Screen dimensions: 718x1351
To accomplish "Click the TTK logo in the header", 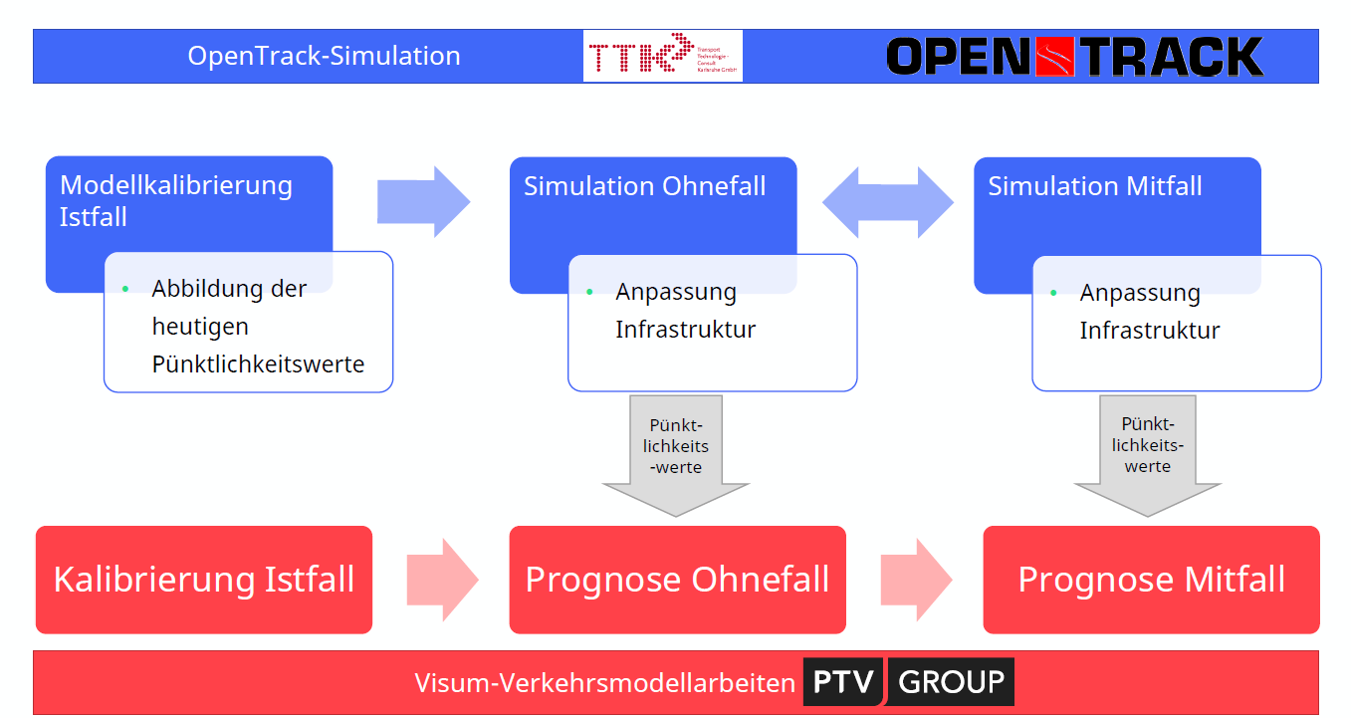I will [662, 56].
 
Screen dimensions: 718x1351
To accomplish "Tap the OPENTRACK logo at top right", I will [1074, 57].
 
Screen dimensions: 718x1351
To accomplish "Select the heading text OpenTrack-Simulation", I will [324, 56].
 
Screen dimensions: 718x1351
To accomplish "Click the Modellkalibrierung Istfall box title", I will [176, 200].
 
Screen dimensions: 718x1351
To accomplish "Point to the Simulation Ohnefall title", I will [644, 186].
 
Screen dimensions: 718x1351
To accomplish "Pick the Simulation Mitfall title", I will [1094, 186].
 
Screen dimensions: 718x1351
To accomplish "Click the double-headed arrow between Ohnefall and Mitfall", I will [887, 202].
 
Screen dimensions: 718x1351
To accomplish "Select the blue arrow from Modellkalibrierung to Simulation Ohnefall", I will [423, 202].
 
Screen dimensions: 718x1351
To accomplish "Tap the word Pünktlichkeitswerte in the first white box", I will [258, 364].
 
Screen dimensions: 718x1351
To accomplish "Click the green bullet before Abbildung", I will [125, 289].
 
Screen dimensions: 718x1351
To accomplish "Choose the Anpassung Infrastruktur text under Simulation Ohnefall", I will [685, 311].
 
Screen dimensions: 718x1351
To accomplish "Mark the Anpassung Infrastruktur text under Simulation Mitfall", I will [1149, 312].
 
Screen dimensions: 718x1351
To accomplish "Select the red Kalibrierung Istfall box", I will [204, 580].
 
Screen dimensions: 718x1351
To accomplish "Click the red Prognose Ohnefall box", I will [677, 580].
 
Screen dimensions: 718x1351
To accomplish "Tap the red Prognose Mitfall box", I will [1151, 580].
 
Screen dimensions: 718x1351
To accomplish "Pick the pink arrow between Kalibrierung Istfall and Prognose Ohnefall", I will [442, 580].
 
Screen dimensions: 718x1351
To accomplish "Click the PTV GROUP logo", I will [908, 682].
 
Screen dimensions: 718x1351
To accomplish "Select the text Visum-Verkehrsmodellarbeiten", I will [605, 683].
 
